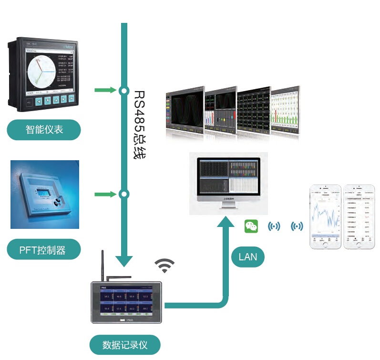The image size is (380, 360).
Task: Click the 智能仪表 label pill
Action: [43, 130]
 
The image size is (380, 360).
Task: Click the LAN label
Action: [247, 257]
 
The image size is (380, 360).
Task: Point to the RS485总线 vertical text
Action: [139, 124]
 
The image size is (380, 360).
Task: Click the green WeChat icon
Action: [251, 226]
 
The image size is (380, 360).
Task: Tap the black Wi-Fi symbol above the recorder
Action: [164, 266]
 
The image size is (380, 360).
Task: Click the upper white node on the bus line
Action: [124, 90]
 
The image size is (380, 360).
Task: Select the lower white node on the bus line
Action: [124, 194]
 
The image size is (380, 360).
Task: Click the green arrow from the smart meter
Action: [105, 90]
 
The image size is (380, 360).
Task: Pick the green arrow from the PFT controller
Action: [105, 194]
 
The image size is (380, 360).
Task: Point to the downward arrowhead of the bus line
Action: [124, 260]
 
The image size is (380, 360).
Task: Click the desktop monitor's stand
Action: [228, 205]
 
